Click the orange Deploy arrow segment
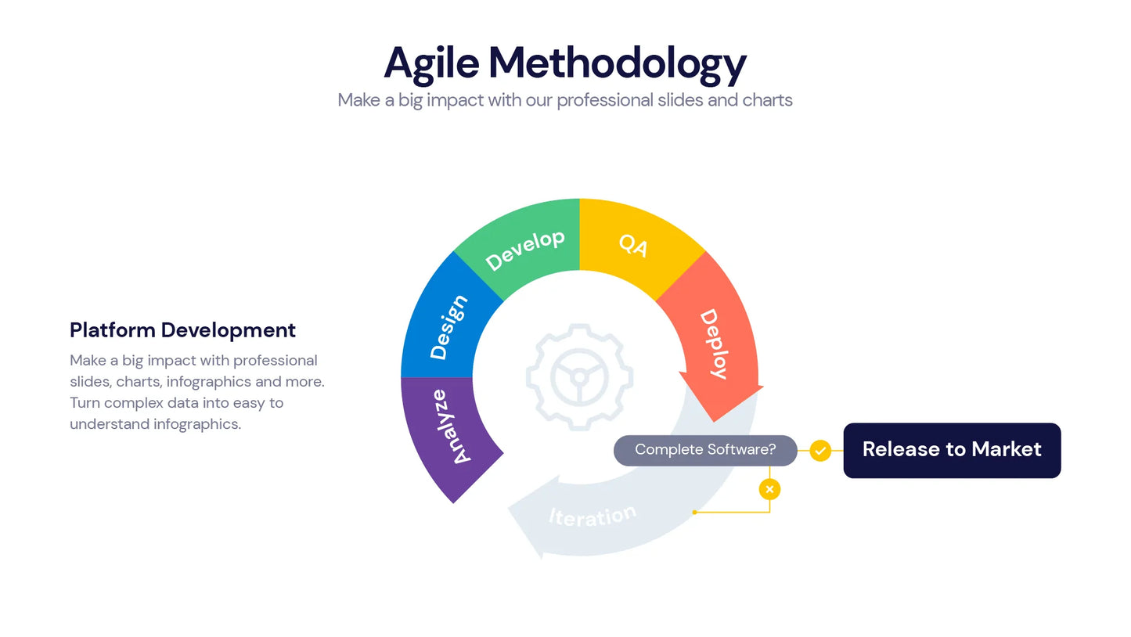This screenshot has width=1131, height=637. (x=716, y=344)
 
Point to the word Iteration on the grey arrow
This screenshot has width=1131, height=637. (x=593, y=516)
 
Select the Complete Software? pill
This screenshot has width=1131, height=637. (x=704, y=450)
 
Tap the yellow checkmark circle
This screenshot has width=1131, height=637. (x=819, y=451)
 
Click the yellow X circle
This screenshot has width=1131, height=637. (x=769, y=489)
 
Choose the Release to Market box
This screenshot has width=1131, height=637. (x=951, y=450)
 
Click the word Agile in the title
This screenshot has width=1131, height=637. (x=430, y=63)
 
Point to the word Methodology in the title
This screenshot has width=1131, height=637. (x=617, y=63)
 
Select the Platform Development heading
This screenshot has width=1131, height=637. (x=182, y=330)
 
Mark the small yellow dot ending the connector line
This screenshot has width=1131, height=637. (x=694, y=513)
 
